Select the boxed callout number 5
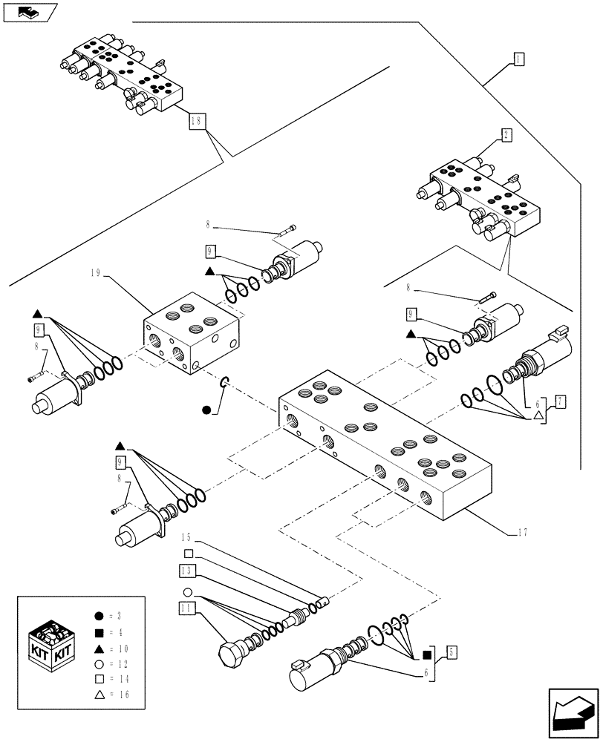click(x=451, y=653)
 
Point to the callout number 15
click(x=186, y=536)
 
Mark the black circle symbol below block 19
click(x=207, y=409)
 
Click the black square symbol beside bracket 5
click(x=427, y=654)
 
